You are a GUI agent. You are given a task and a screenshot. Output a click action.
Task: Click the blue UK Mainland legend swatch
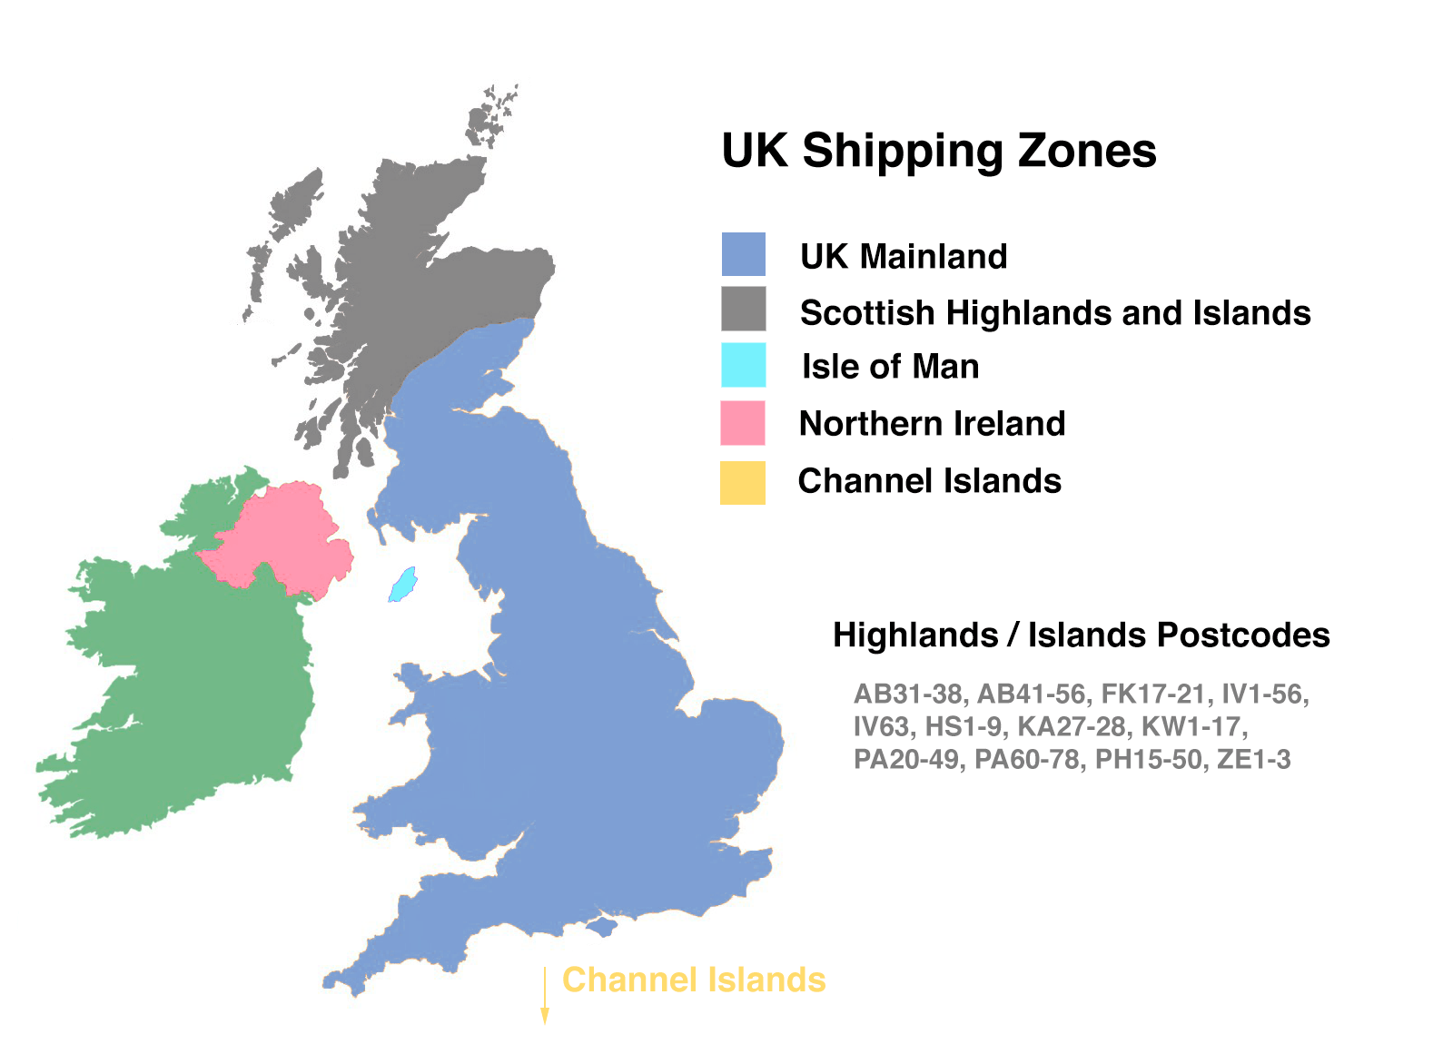[x=743, y=254]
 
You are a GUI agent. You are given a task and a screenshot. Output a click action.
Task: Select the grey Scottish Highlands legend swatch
[x=743, y=309]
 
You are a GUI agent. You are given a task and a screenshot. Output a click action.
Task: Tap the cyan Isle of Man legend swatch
[x=743, y=365]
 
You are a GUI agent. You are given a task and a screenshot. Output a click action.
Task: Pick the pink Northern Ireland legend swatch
[x=742, y=423]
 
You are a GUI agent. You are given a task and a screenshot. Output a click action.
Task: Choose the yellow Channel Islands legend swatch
[x=742, y=482]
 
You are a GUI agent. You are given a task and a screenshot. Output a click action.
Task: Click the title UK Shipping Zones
[x=938, y=151]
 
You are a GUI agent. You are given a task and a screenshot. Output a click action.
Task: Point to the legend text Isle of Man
[x=890, y=367]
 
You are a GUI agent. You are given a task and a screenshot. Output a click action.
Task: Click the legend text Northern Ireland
[x=932, y=424]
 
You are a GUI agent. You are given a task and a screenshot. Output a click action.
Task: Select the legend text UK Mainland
[x=904, y=257]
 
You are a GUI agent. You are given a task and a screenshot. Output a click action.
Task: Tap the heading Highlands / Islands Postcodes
[x=1081, y=635]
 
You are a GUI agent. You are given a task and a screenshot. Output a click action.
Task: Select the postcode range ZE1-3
[x=1253, y=760]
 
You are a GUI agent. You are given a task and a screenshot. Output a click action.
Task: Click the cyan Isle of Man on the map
[x=402, y=585]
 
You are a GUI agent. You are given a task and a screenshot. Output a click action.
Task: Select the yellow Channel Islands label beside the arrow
[x=694, y=980]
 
